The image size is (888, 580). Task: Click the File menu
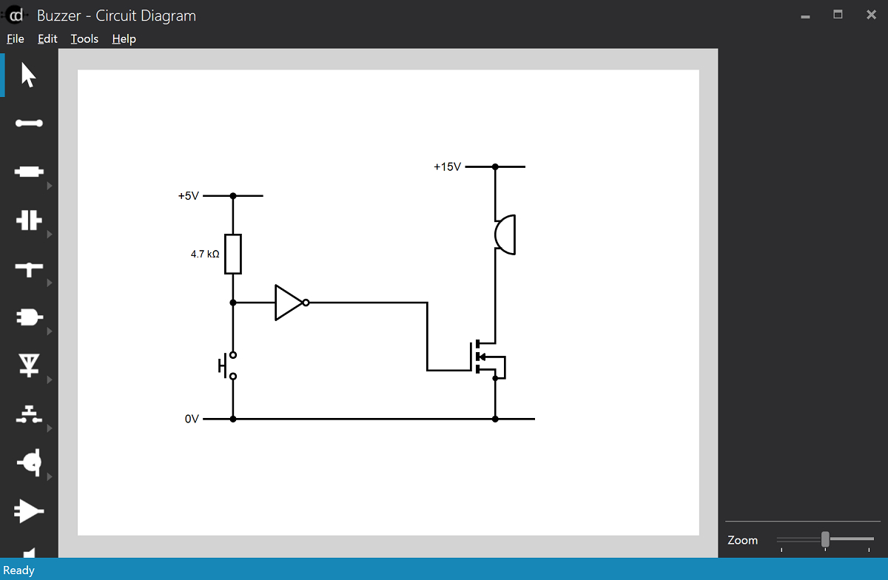point(15,38)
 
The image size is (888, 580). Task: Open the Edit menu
point(47,38)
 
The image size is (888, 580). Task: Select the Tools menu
point(84,38)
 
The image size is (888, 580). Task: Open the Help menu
point(124,38)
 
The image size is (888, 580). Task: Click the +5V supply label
point(188,196)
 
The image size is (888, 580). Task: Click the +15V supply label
point(447,167)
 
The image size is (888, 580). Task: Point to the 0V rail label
point(192,419)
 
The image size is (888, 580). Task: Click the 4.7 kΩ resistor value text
point(205,254)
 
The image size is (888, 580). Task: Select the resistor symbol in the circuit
point(233,254)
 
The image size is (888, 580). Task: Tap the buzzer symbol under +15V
point(505,235)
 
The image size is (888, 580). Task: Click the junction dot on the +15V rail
point(495,167)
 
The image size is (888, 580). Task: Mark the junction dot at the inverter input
point(233,303)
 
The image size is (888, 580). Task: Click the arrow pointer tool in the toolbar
point(29,75)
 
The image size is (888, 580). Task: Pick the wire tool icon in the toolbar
point(29,124)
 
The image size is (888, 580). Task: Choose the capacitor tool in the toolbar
point(29,220)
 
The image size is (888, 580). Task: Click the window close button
point(871,15)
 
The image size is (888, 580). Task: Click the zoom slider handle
point(825,539)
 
